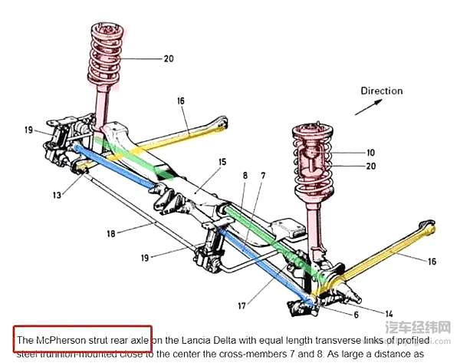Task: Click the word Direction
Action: click(x=382, y=91)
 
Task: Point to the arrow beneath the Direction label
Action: click(x=375, y=107)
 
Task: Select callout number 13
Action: click(x=58, y=196)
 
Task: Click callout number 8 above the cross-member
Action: click(x=245, y=176)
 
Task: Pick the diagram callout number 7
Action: click(x=263, y=176)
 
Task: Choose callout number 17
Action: click(x=242, y=305)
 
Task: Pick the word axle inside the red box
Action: click(x=139, y=338)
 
